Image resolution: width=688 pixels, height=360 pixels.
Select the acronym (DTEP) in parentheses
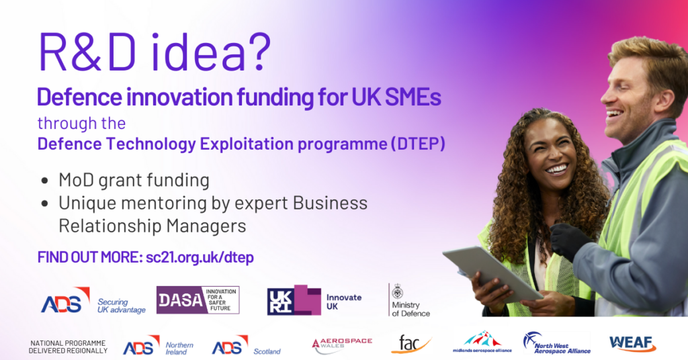418,144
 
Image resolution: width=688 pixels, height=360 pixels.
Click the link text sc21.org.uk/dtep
200,257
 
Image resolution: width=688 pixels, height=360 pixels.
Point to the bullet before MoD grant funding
44,181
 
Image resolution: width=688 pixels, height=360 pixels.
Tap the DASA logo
198,300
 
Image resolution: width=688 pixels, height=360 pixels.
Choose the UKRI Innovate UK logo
314,300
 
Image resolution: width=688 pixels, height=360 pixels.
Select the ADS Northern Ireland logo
159,345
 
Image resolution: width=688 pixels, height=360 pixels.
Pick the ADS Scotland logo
246,345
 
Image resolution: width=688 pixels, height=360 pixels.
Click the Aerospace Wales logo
342,345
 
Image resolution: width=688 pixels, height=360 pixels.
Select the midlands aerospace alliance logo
482,342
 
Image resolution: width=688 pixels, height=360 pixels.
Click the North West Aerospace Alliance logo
557,343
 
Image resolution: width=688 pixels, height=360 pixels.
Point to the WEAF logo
633,343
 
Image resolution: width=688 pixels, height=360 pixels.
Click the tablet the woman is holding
492,273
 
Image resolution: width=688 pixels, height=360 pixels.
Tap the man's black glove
570,240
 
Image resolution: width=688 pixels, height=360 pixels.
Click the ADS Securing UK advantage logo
93,301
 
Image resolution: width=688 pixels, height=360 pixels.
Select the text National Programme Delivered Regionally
68,347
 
